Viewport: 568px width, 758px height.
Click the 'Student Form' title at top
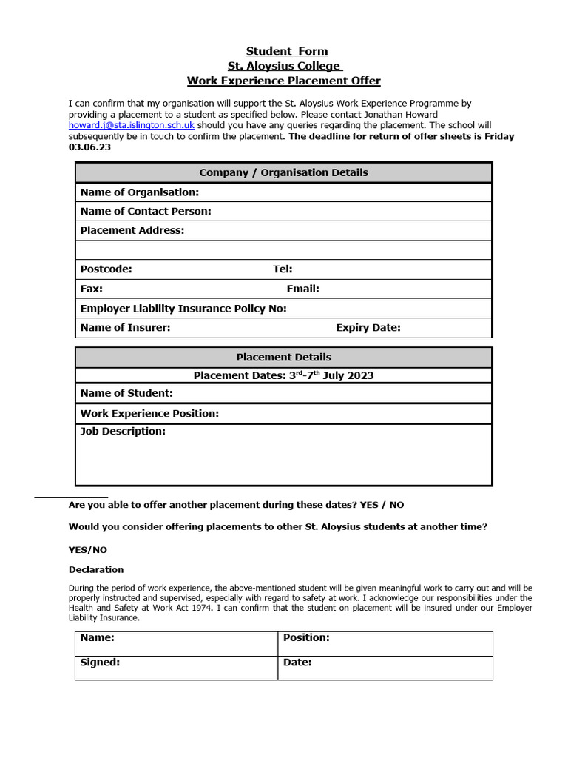pos(287,51)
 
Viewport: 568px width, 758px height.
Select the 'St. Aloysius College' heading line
pos(285,66)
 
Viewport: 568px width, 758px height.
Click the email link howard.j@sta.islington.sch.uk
pos(132,126)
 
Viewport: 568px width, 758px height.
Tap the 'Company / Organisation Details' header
pos(283,172)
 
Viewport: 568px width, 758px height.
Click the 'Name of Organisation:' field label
pos(140,192)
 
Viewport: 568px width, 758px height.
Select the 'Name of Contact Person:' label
pos(146,212)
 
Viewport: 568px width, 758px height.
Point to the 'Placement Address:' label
pos(132,231)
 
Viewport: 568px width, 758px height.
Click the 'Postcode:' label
pos(106,269)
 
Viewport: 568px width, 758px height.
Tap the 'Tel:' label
pos(283,269)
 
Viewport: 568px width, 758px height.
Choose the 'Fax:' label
pos(92,289)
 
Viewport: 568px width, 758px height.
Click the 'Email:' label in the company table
pos(303,289)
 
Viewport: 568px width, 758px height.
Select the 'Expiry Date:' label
pos(368,327)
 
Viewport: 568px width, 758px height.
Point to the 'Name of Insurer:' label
pos(126,327)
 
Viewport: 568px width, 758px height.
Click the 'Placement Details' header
pos(283,357)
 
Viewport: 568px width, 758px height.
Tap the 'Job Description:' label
pos(123,432)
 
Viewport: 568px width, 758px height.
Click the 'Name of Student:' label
pos(126,393)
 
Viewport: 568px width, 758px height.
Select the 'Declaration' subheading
pos(96,569)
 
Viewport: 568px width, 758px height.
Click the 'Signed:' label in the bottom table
pos(100,663)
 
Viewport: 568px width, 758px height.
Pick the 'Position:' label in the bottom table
pos(306,637)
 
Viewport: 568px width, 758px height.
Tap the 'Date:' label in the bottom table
pos(297,663)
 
